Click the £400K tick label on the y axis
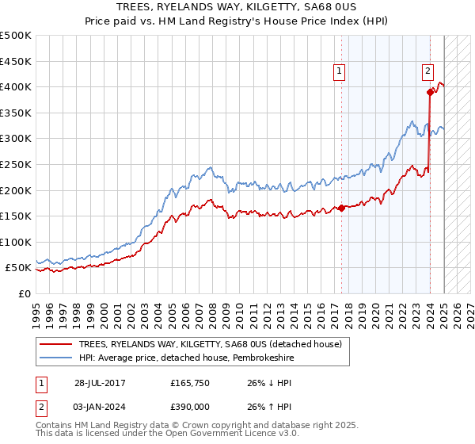[15, 86]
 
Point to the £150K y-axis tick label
[15, 216]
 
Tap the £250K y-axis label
[15, 164]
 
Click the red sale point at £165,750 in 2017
[342, 208]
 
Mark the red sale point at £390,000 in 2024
[430, 92]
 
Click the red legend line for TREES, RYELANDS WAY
[55, 344]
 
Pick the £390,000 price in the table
[189, 405]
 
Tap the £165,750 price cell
[189, 383]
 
